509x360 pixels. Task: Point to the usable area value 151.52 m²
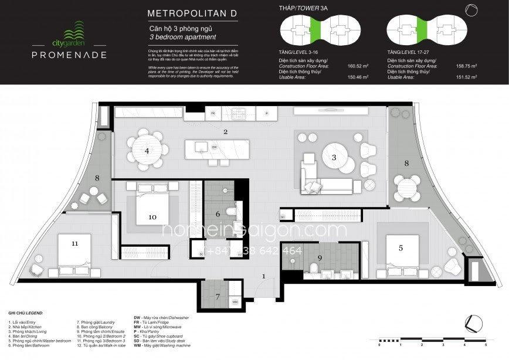coord(467,77)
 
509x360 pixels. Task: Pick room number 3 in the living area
coord(334,157)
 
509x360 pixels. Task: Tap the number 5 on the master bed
coord(401,248)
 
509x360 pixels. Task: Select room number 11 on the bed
coord(74,243)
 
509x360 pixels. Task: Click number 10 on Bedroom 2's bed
coord(152,217)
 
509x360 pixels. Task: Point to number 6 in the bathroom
coord(218,214)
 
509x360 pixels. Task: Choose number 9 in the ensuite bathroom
coord(320,257)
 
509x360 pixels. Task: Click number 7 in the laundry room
coord(218,297)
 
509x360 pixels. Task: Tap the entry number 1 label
coord(264,276)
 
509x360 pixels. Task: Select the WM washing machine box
coord(235,302)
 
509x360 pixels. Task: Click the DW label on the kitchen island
coord(215,147)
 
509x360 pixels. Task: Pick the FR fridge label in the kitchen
coord(213,113)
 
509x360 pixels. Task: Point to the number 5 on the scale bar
coord(486,345)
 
